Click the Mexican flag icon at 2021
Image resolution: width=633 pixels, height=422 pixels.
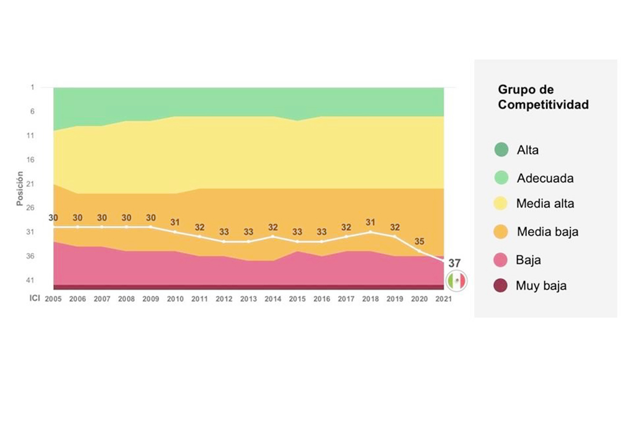[x=457, y=281]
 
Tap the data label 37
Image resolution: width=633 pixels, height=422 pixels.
[x=455, y=263]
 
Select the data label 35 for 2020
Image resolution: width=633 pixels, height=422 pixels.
[x=419, y=241]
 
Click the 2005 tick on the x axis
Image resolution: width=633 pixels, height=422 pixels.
[x=53, y=299]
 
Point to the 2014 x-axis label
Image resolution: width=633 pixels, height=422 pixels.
[x=272, y=299]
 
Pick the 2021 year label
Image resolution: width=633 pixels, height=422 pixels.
[x=443, y=299]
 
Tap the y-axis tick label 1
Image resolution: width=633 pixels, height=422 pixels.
[x=32, y=88]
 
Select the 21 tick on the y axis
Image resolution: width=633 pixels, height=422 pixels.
[x=30, y=184]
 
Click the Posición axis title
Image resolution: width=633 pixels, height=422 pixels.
[x=20, y=189]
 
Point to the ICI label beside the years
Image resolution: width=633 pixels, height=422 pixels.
[x=35, y=298]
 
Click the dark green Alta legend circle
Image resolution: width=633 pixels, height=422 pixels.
[x=501, y=150]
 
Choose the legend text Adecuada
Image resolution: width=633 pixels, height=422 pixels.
[x=545, y=178]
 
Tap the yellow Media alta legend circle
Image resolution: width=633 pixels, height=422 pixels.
[x=501, y=204]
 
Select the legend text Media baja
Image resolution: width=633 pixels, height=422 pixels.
[x=547, y=232]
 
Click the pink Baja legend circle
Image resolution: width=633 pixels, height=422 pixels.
[x=501, y=259]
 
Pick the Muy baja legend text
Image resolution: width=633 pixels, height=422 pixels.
[x=541, y=286]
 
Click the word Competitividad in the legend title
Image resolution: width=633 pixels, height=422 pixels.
[x=543, y=105]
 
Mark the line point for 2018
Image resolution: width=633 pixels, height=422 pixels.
[x=370, y=232]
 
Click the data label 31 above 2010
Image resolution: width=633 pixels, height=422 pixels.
[x=175, y=222]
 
